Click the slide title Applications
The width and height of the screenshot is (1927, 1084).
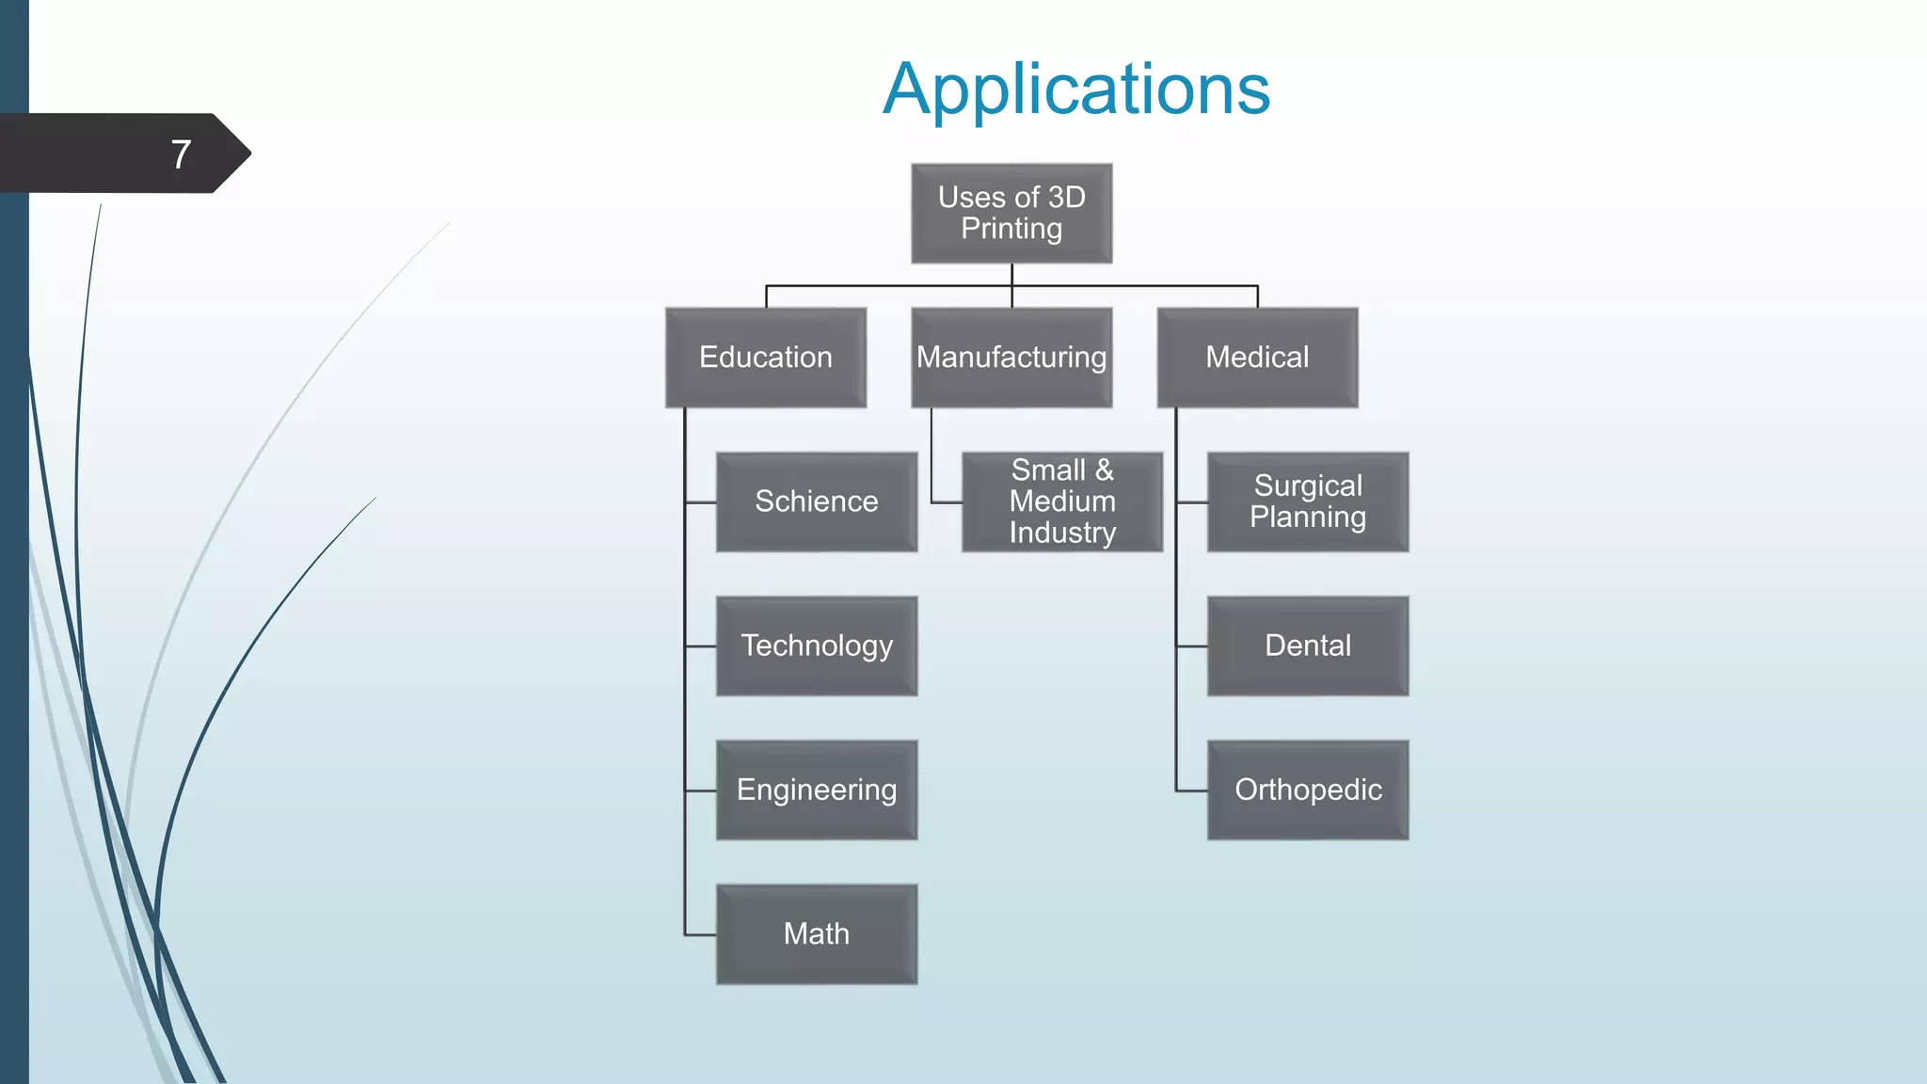1076,89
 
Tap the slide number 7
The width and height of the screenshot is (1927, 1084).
182,154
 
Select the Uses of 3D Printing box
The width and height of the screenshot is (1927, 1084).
1011,213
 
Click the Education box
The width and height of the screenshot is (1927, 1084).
765,358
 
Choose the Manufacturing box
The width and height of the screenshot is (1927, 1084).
1011,358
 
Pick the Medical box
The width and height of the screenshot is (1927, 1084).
1257,358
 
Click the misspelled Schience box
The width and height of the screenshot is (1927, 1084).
816,502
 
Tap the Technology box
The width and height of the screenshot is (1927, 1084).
816,646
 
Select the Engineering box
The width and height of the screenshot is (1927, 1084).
816,789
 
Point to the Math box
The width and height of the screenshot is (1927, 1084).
816,933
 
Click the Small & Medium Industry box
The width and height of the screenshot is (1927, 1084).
1062,502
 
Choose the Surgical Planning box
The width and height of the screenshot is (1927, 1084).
1308,502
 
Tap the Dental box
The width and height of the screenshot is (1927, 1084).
1308,646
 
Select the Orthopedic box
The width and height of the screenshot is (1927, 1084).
1308,789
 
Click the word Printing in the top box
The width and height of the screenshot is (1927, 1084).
1011,229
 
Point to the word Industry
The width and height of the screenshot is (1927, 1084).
1062,533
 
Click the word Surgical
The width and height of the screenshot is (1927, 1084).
1308,486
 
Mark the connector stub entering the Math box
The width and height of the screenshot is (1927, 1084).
701,934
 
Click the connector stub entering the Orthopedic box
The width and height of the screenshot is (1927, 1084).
1192,790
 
